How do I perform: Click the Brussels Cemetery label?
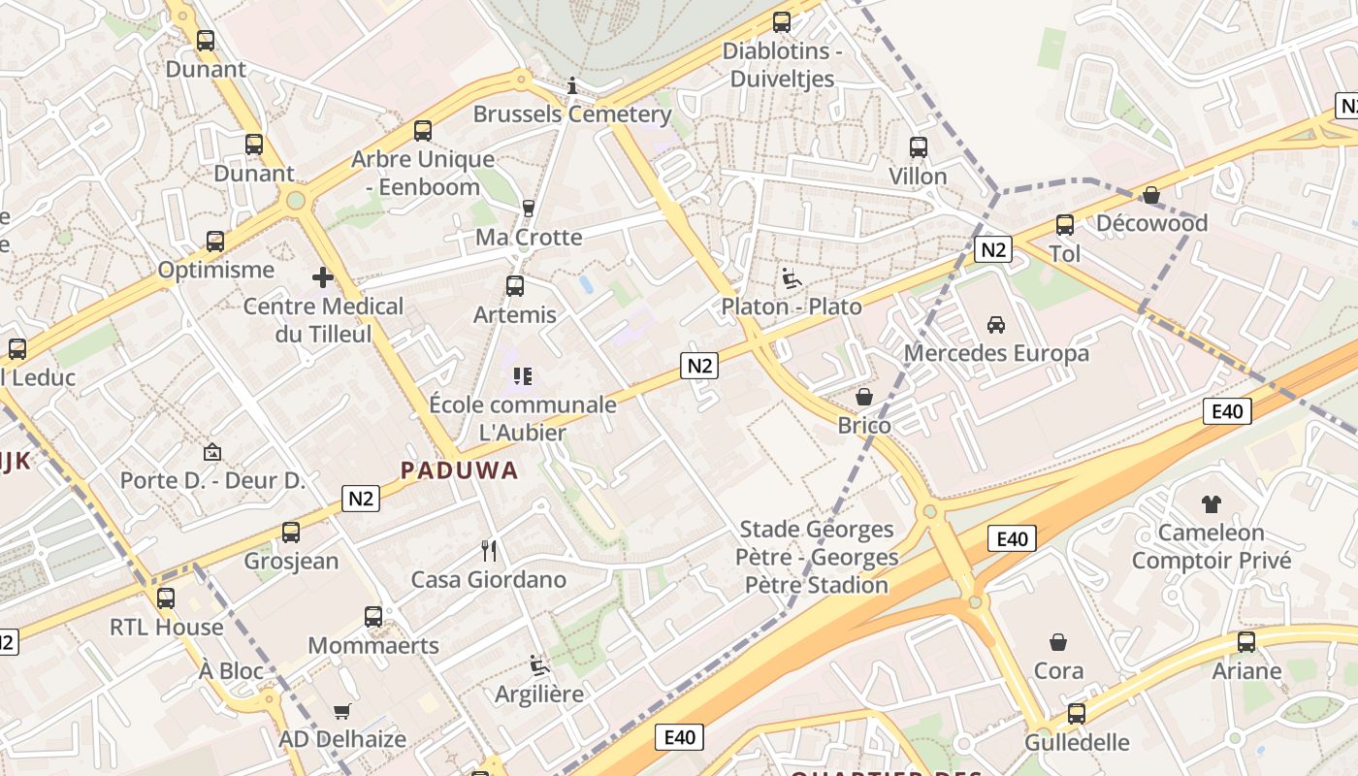click(x=572, y=114)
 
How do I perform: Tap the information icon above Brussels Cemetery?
click(x=572, y=85)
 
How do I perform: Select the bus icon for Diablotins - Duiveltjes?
click(x=782, y=21)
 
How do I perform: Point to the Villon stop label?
click(x=918, y=177)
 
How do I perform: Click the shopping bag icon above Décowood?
click(x=1151, y=196)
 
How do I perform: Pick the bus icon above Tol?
click(x=1064, y=225)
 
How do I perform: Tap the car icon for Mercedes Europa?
click(x=996, y=324)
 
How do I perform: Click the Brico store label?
click(x=864, y=426)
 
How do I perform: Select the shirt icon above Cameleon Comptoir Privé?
click(x=1212, y=503)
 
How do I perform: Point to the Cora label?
click(x=1058, y=670)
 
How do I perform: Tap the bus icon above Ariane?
click(x=1246, y=642)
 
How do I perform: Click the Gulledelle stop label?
click(x=1077, y=743)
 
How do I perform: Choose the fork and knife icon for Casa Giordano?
click(x=489, y=551)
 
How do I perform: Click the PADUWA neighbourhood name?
click(x=460, y=471)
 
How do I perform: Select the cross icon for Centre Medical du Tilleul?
click(x=323, y=278)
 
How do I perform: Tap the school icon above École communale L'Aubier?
click(x=523, y=375)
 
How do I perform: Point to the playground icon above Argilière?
click(x=539, y=665)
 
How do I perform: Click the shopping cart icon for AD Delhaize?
click(x=341, y=711)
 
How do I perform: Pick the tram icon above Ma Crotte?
click(x=529, y=208)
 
